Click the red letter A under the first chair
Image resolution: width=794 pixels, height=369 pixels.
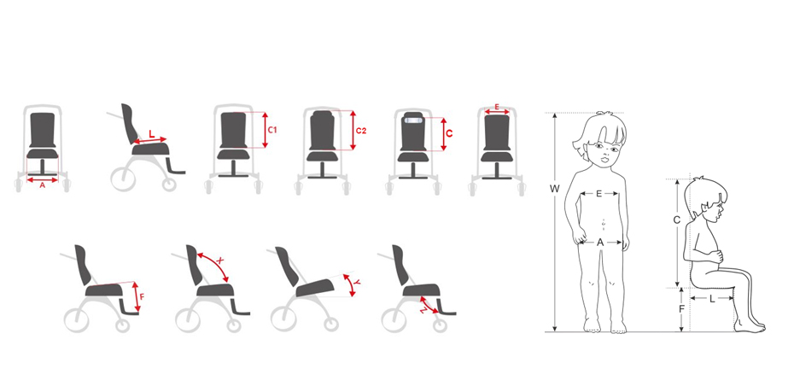pyautogui.click(x=43, y=185)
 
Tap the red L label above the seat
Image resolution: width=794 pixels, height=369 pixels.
pyautogui.click(x=151, y=134)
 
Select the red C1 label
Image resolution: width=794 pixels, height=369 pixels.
pyautogui.click(x=272, y=131)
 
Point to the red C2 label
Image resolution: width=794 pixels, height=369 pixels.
pyautogui.click(x=361, y=131)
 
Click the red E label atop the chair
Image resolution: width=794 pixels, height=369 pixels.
pyautogui.click(x=497, y=107)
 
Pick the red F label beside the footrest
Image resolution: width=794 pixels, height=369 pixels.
pyautogui.click(x=142, y=296)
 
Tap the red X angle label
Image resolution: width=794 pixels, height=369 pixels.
pyautogui.click(x=219, y=260)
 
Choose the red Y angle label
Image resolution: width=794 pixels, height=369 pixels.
pyautogui.click(x=357, y=283)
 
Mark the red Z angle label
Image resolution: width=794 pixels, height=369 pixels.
pyautogui.click(x=423, y=310)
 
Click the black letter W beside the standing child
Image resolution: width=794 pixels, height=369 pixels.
pyautogui.click(x=555, y=189)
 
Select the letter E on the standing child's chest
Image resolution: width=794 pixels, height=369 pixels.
pyautogui.click(x=599, y=194)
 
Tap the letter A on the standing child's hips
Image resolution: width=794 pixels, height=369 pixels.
pyautogui.click(x=600, y=243)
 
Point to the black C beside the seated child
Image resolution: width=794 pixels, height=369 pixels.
pyautogui.click(x=676, y=220)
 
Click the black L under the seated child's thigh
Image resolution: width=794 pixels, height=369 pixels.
pyautogui.click(x=713, y=299)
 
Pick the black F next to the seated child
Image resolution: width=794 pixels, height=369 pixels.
pyautogui.click(x=681, y=307)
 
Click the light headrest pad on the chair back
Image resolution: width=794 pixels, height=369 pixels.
pyautogui.click(x=413, y=120)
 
